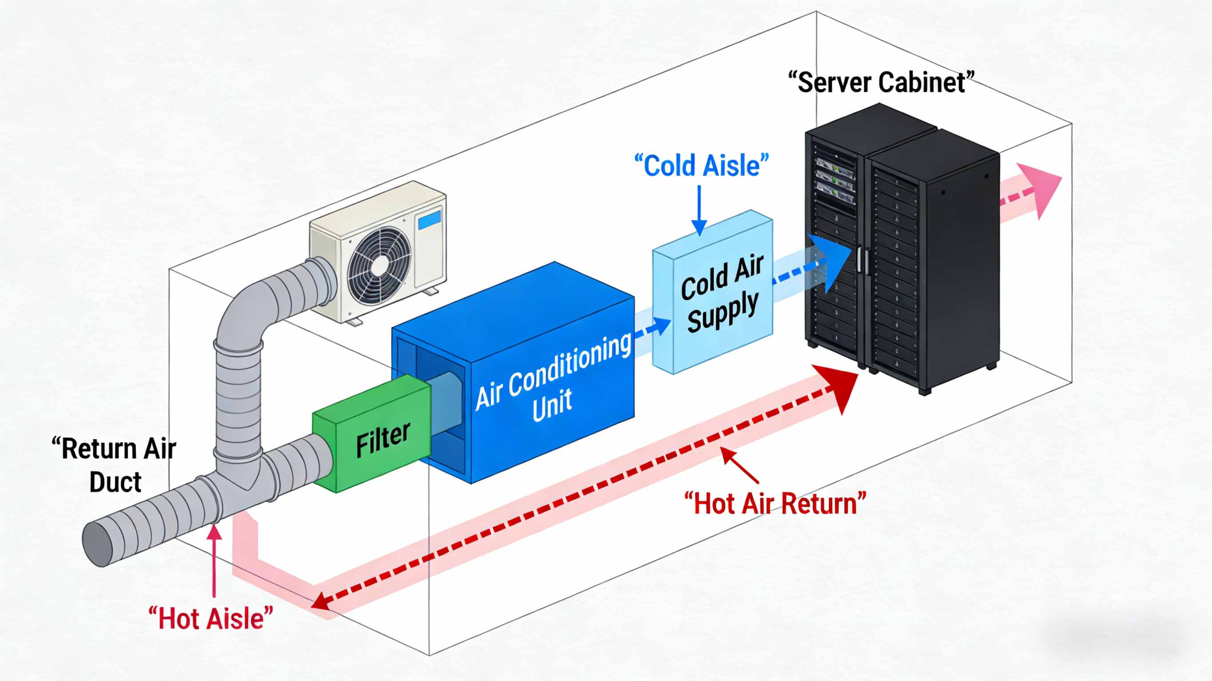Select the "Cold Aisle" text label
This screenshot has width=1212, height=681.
(x=701, y=166)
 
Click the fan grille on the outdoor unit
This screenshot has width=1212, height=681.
(x=378, y=265)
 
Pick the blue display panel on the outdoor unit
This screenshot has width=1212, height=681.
(x=429, y=220)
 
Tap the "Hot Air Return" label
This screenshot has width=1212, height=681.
(x=774, y=504)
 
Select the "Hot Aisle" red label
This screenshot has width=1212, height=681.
(x=210, y=618)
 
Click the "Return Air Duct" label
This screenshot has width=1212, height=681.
(x=114, y=464)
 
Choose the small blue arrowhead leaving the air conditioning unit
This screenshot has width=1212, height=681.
(x=661, y=326)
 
